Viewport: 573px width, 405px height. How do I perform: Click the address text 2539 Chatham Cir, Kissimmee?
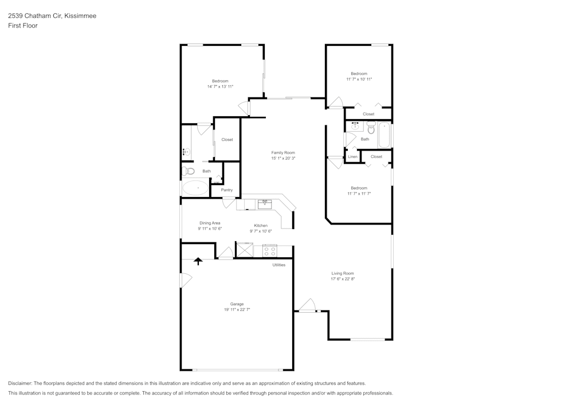click(x=52, y=16)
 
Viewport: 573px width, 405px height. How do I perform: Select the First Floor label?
click(x=23, y=26)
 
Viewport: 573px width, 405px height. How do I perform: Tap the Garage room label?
click(x=237, y=304)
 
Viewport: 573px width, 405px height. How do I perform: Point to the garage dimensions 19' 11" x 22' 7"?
click(x=237, y=309)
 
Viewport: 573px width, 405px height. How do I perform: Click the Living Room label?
click(x=343, y=273)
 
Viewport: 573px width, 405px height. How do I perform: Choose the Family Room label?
click(x=283, y=152)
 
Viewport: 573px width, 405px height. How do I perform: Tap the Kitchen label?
click(x=261, y=225)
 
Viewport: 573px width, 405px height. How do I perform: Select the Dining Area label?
click(x=210, y=223)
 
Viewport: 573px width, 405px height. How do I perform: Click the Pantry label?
click(x=227, y=190)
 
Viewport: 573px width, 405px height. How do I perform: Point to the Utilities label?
click(x=279, y=265)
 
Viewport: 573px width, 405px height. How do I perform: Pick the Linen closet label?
click(x=352, y=156)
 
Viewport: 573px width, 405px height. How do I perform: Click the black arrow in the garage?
click(x=198, y=261)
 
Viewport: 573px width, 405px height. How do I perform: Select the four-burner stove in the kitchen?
click(x=269, y=250)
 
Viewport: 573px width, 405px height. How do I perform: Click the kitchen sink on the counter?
click(x=265, y=203)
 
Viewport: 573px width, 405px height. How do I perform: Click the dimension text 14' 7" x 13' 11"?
click(x=220, y=86)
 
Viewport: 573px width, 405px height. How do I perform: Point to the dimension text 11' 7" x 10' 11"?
click(x=359, y=79)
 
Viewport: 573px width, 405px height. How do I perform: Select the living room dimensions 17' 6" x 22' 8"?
click(x=343, y=279)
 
